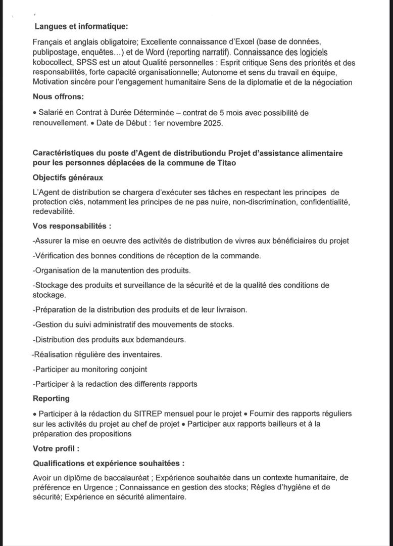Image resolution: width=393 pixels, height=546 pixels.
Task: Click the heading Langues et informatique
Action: (81, 26)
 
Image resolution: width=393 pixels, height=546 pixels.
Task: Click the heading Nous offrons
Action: (59, 97)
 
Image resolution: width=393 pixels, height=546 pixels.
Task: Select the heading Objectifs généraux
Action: (68, 177)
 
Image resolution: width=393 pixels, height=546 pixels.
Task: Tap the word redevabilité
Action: (54, 212)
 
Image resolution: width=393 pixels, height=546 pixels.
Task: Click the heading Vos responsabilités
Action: (72, 226)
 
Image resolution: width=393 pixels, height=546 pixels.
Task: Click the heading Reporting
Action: (51, 398)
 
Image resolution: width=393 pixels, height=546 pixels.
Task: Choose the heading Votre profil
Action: (56, 448)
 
